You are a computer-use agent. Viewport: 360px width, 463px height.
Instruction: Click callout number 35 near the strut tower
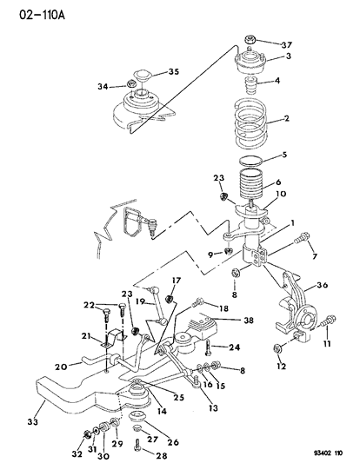click(x=173, y=73)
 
